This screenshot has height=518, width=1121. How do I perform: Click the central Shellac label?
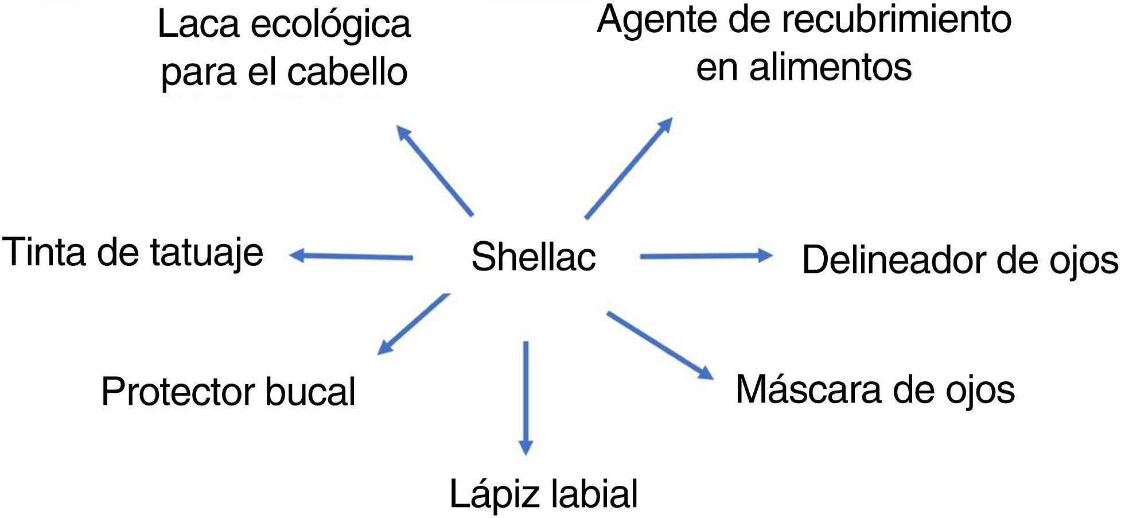534,257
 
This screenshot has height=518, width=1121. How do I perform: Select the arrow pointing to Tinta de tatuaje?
351,256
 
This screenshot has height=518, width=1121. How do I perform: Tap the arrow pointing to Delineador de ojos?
706,256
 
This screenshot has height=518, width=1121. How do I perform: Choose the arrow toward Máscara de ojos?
660,345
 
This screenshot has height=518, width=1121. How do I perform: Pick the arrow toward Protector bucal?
413,324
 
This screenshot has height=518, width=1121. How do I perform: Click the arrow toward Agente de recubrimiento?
628,168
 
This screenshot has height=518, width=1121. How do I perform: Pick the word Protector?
178,392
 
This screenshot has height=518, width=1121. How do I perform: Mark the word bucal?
310,392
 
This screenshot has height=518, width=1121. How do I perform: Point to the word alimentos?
830,67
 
